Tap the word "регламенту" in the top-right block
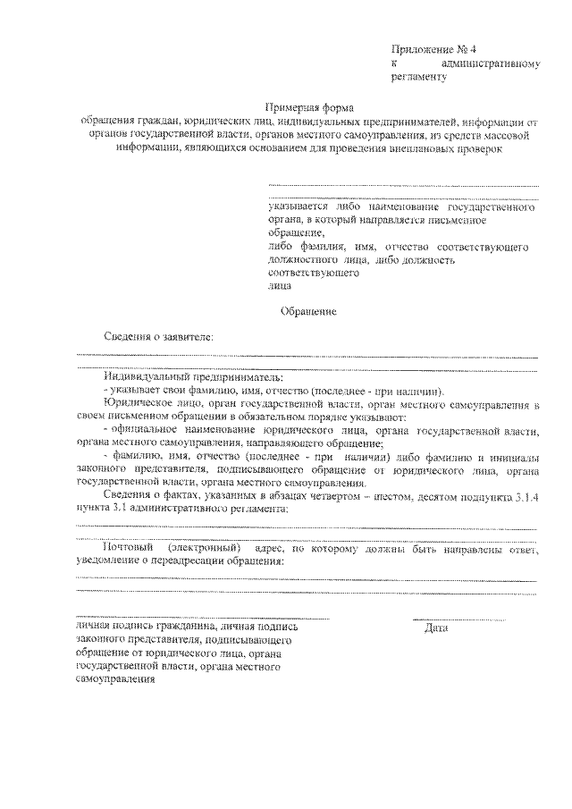pos(417,78)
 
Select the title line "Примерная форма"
pos(309,106)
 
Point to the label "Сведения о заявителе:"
pos(159,337)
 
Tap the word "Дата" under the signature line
pos(436,628)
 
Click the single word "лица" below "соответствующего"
pos(279,286)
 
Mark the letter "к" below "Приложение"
pos(393,63)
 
